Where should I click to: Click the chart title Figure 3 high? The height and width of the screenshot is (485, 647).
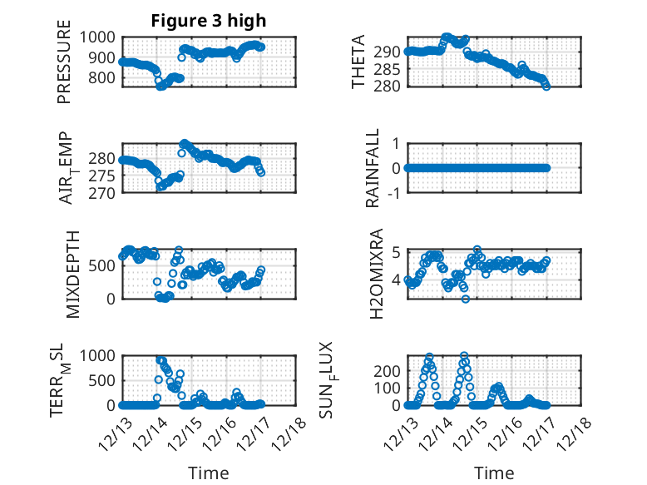208,21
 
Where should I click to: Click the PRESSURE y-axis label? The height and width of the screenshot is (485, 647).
64,69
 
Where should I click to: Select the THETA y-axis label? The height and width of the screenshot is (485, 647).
358,62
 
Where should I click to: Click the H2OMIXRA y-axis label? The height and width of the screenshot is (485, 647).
376,273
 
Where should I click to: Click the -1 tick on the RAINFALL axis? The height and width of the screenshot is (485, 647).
395,192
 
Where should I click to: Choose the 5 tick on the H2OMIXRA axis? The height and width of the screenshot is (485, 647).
398,252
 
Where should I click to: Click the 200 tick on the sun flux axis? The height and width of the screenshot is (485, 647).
391,369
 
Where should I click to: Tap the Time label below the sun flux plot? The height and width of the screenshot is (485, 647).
494,473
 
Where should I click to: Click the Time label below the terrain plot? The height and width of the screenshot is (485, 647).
209,473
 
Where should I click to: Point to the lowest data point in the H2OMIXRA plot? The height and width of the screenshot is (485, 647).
467,299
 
